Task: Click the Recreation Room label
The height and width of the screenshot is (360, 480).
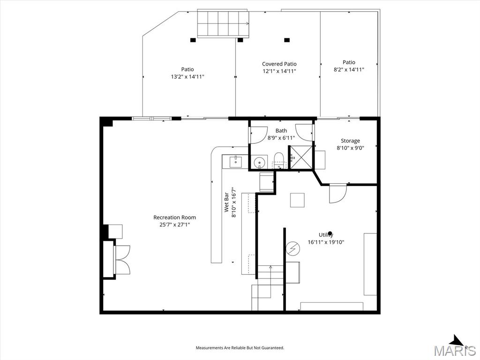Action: pos(174,217)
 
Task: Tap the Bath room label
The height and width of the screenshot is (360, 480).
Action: pos(281,131)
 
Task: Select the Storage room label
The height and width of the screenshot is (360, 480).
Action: pos(350,141)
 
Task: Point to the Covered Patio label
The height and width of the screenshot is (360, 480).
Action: pos(279,64)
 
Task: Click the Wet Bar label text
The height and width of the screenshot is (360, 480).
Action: pos(226,201)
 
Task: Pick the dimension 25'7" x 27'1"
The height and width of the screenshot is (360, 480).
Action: pos(174,225)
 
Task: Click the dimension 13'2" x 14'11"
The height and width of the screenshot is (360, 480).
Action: pos(187,76)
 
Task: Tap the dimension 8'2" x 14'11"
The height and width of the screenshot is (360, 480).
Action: pos(349,69)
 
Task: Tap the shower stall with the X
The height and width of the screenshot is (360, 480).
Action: pos(300,157)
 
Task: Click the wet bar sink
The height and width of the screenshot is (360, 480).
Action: pos(235,162)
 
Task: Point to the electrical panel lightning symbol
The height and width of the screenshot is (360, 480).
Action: pos(292,248)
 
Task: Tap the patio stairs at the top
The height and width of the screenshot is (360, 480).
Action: pos(223,23)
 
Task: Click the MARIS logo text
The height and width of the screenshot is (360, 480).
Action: pos(455,350)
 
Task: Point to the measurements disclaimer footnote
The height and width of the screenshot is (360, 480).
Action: pos(240,348)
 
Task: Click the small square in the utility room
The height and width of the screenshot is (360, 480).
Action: pos(297,200)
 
